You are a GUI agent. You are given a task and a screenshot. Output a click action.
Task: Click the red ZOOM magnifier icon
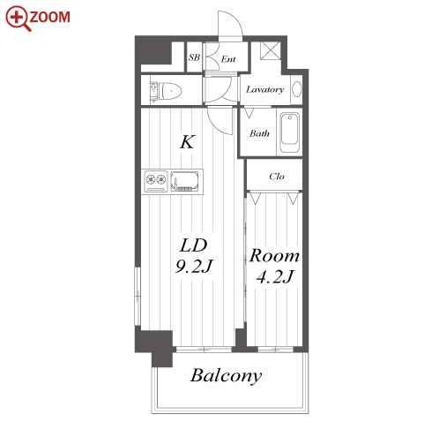tap(19, 19)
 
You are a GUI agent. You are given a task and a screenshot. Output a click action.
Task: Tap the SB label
tap(194, 57)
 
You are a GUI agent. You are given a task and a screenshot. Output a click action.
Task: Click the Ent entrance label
tap(228, 59)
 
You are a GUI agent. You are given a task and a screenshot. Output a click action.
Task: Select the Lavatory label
tap(264, 89)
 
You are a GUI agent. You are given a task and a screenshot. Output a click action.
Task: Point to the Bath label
tap(259, 133)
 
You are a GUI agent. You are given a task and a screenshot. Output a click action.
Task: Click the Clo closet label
tap(277, 177)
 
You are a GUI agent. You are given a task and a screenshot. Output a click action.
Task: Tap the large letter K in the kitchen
tap(187, 142)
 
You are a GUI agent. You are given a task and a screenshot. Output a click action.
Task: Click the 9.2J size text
tap(194, 267)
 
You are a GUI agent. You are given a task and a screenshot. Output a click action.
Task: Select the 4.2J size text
tap(275, 276)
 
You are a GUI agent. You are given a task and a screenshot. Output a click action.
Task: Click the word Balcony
tap(226, 376)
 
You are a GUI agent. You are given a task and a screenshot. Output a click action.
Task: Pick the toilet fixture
tap(166, 91)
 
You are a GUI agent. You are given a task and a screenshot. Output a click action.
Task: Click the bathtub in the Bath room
tap(290, 132)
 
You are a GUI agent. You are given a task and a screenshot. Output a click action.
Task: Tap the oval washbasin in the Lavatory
tap(297, 89)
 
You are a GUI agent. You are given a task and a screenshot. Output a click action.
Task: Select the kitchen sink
tap(185, 181)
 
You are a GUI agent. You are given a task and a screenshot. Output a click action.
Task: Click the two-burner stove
tap(156, 181)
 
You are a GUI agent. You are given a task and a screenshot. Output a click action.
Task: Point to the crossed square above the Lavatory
tap(271, 50)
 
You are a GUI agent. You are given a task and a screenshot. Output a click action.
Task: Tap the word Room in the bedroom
tap(274, 255)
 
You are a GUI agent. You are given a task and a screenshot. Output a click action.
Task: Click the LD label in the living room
tap(193, 245)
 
